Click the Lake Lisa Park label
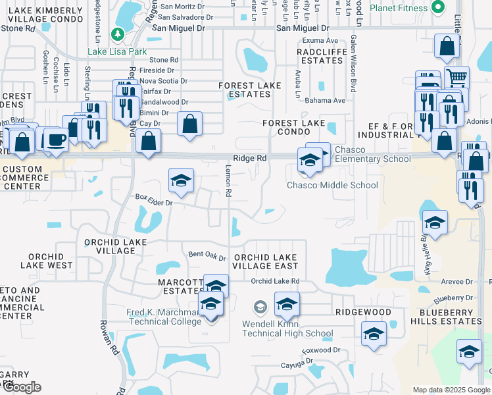coord(118,51)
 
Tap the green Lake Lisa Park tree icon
coord(118,34)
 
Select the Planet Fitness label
coord(401,8)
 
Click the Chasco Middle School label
coord(332,185)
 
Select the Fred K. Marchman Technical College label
coord(164,317)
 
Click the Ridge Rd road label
coord(250,159)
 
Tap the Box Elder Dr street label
coord(153,199)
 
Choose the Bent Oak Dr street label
coord(207,255)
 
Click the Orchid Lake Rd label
coord(275,280)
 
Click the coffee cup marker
coord(57,139)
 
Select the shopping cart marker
coord(456,78)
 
